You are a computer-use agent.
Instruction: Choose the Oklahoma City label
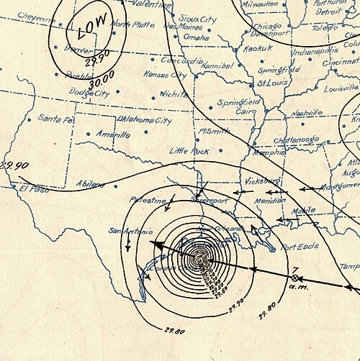144,121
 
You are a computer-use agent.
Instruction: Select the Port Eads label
300,247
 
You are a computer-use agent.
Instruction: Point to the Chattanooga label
291,140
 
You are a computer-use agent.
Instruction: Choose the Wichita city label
174,93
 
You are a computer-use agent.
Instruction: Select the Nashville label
307,113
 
